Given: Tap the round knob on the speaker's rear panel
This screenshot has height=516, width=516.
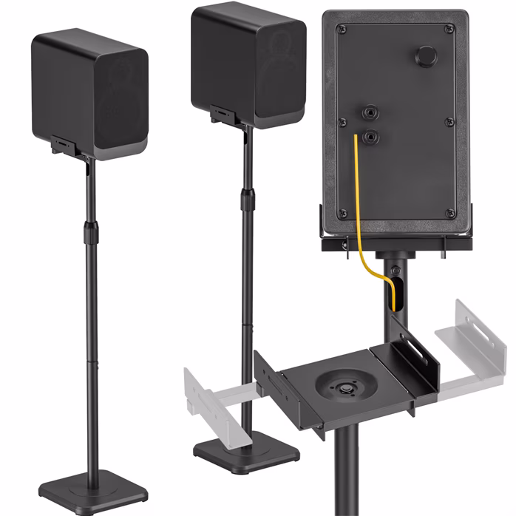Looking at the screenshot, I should (x=427, y=56).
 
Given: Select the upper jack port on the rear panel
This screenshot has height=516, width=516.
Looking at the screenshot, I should (x=367, y=112).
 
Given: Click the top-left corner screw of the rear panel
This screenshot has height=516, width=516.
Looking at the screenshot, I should (x=341, y=30).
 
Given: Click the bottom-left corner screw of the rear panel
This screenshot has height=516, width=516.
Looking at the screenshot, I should (x=342, y=213).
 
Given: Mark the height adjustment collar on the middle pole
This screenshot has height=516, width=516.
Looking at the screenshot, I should (x=247, y=198).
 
